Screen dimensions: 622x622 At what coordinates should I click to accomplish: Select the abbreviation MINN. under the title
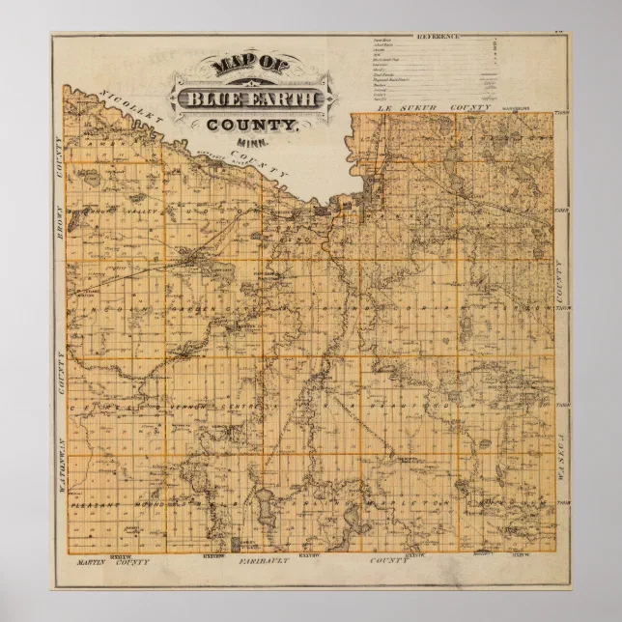(x=247, y=143)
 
